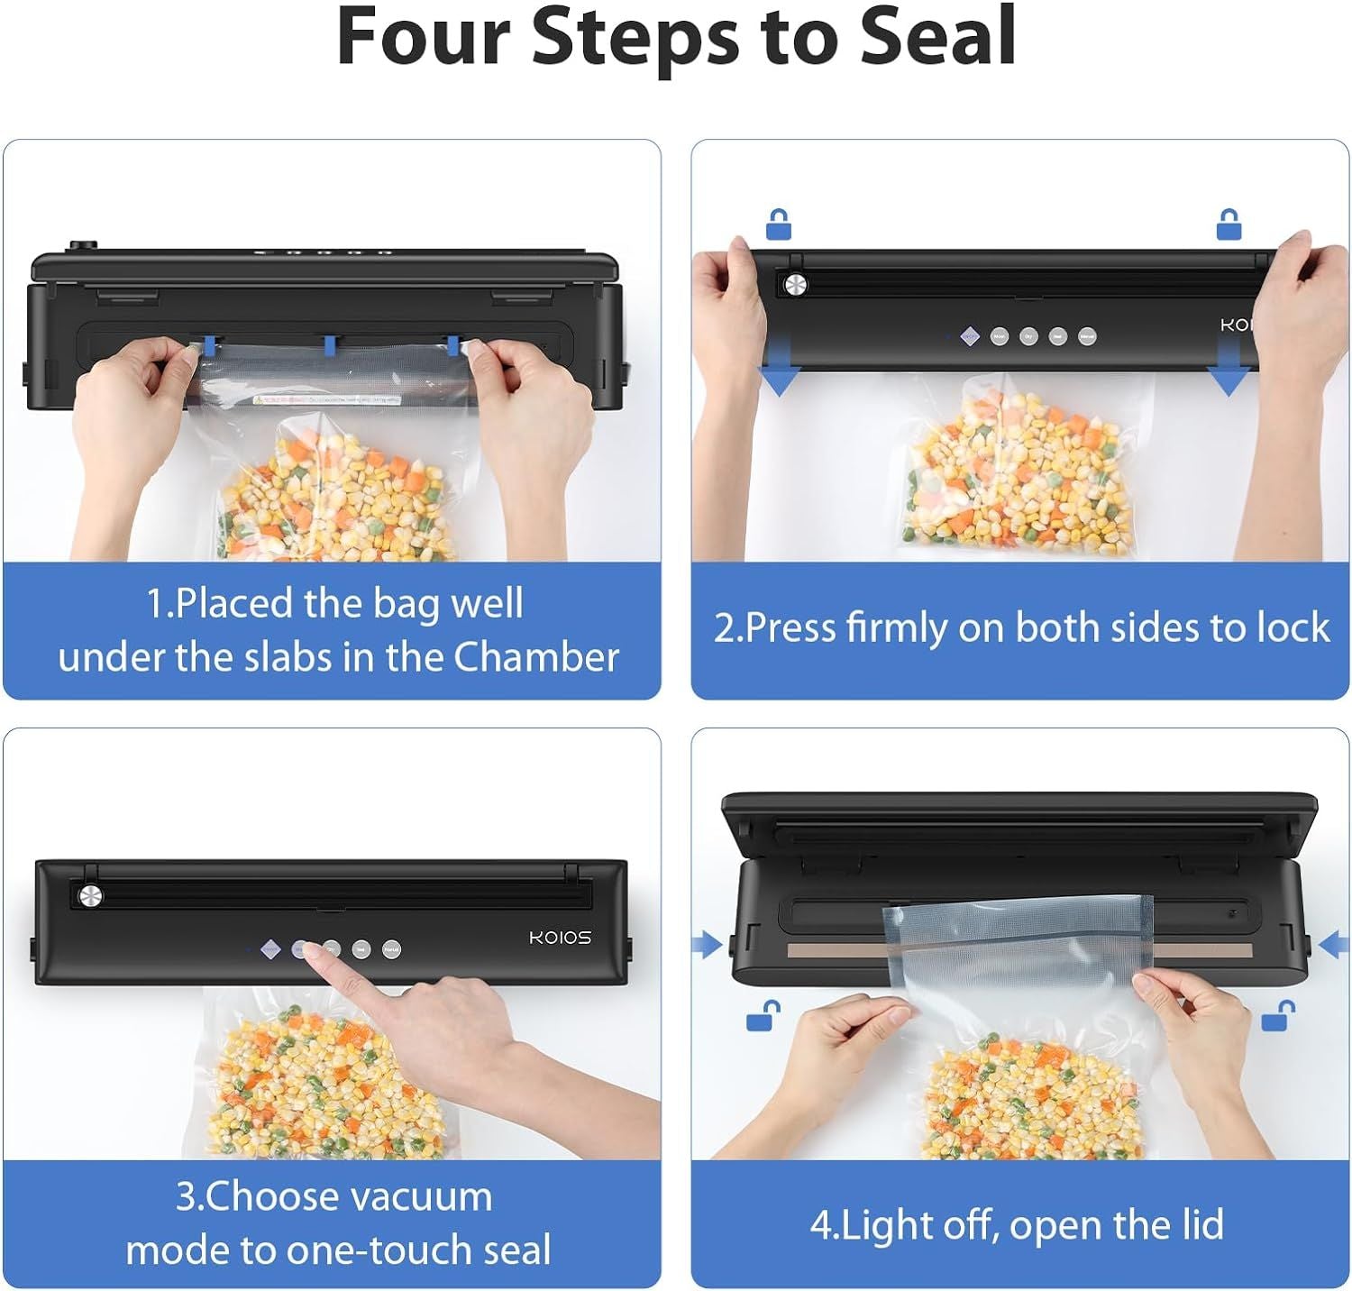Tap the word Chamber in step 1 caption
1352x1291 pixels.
pos(536,657)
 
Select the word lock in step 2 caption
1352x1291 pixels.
pos(1295,627)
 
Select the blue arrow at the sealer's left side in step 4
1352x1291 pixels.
pos(708,945)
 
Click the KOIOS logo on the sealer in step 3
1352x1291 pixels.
pos(560,938)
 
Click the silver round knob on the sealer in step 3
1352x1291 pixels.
pos(90,895)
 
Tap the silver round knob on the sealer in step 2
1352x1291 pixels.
pos(795,286)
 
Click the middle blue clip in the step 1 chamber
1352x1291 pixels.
pos(330,344)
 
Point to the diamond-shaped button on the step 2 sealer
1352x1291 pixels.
pos(969,336)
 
